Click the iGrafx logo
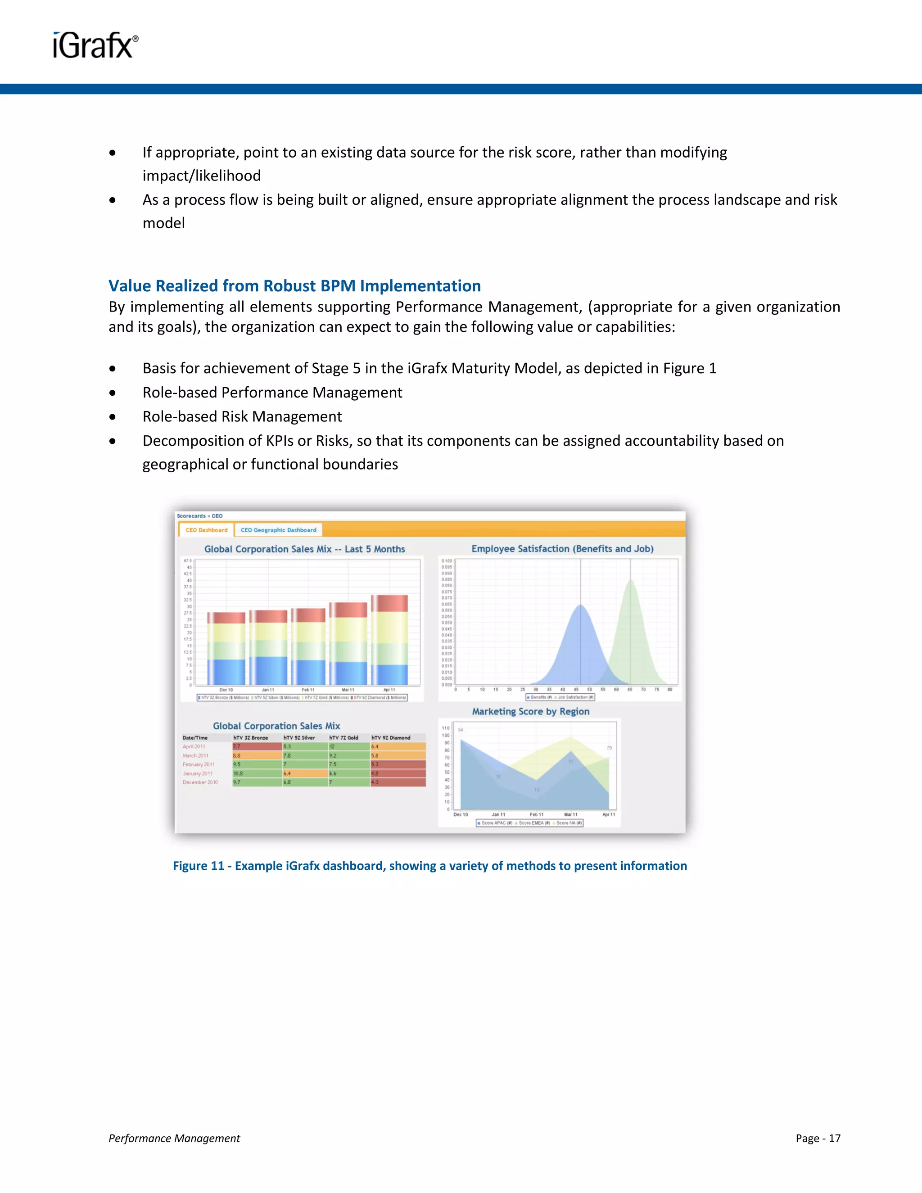click(95, 45)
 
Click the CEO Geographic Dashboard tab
click(278, 530)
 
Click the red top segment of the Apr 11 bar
click(389, 603)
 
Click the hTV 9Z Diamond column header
click(391, 737)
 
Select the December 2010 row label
click(200, 782)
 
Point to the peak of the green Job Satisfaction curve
click(631, 581)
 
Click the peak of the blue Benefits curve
click(581, 605)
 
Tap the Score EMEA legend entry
click(533, 822)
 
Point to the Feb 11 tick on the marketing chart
click(536, 814)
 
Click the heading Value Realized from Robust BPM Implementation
click(294, 286)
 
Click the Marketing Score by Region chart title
click(530, 711)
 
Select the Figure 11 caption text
click(430, 866)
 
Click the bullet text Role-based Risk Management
click(242, 417)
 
